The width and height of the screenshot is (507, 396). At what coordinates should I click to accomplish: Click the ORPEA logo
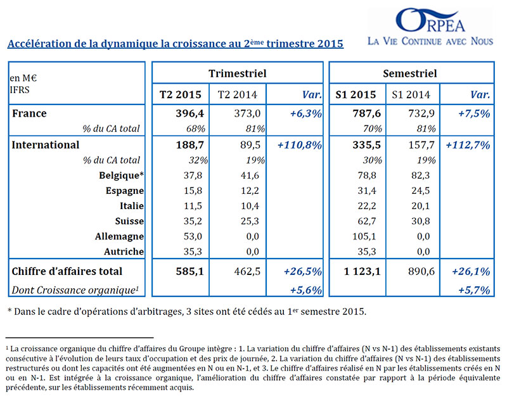tap(430, 20)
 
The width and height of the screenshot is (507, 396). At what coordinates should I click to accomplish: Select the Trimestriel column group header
tap(237, 73)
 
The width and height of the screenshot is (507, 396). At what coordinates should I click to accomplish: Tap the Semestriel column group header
tap(409, 73)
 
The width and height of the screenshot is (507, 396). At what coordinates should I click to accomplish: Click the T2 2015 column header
tap(181, 94)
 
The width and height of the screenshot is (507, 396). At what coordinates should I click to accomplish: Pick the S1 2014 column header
tap(411, 94)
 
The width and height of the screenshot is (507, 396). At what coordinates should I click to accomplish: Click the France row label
tap(29, 113)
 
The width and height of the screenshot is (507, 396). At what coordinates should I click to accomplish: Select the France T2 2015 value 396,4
tap(189, 113)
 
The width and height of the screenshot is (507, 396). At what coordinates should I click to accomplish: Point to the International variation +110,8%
tap(300, 145)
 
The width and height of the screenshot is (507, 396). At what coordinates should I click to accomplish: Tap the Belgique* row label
tap(121, 176)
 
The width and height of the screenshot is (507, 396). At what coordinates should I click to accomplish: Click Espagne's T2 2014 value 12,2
tap(250, 191)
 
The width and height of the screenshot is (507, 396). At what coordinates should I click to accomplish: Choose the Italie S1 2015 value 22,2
tap(367, 205)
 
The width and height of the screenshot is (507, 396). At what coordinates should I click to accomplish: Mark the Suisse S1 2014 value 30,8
tap(420, 220)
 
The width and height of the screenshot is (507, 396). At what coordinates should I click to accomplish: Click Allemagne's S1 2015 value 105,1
tap(364, 236)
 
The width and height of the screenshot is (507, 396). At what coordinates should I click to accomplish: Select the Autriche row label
tap(124, 252)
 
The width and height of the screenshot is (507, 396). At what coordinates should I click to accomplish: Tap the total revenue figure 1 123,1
tap(362, 271)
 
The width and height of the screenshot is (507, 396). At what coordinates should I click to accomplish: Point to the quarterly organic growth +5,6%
tap(306, 290)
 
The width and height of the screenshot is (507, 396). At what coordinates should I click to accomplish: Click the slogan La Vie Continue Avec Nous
tap(430, 41)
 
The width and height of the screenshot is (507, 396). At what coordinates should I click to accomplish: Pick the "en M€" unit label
tap(23, 78)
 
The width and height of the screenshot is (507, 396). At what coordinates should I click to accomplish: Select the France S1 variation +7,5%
tap(474, 113)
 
